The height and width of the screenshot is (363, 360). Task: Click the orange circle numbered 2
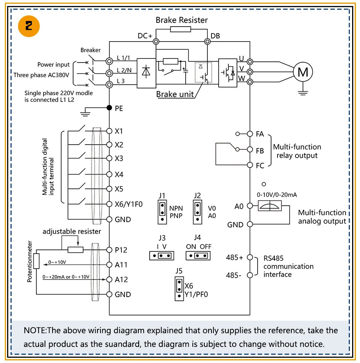point(28,25)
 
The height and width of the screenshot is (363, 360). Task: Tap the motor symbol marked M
point(303,72)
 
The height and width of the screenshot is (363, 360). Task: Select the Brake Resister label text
point(181,20)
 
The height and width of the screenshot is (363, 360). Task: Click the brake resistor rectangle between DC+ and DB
point(181,30)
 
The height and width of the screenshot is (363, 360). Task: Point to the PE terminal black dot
point(109,108)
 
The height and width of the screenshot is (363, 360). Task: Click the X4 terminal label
point(119,175)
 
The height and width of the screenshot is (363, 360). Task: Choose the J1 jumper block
point(162,212)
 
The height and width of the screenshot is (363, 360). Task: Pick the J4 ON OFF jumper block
point(198,255)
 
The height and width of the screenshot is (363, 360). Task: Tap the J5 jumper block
point(179,288)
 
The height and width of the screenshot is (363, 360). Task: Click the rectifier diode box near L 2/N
point(146,73)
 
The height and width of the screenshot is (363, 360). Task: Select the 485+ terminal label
point(235,258)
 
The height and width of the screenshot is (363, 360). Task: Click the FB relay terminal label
point(260,151)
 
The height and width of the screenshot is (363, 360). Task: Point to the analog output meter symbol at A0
point(270,206)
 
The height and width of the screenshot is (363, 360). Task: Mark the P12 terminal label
point(121,250)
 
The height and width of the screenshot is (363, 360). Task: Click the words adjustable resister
point(72,232)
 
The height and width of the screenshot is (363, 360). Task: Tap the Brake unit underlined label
point(175,94)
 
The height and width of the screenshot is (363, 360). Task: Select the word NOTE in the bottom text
point(34,330)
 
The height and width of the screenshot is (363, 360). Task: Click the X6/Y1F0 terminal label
point(129,204)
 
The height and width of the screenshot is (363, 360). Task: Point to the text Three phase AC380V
point(41,75)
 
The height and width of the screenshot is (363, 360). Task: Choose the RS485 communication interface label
point(288,266)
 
